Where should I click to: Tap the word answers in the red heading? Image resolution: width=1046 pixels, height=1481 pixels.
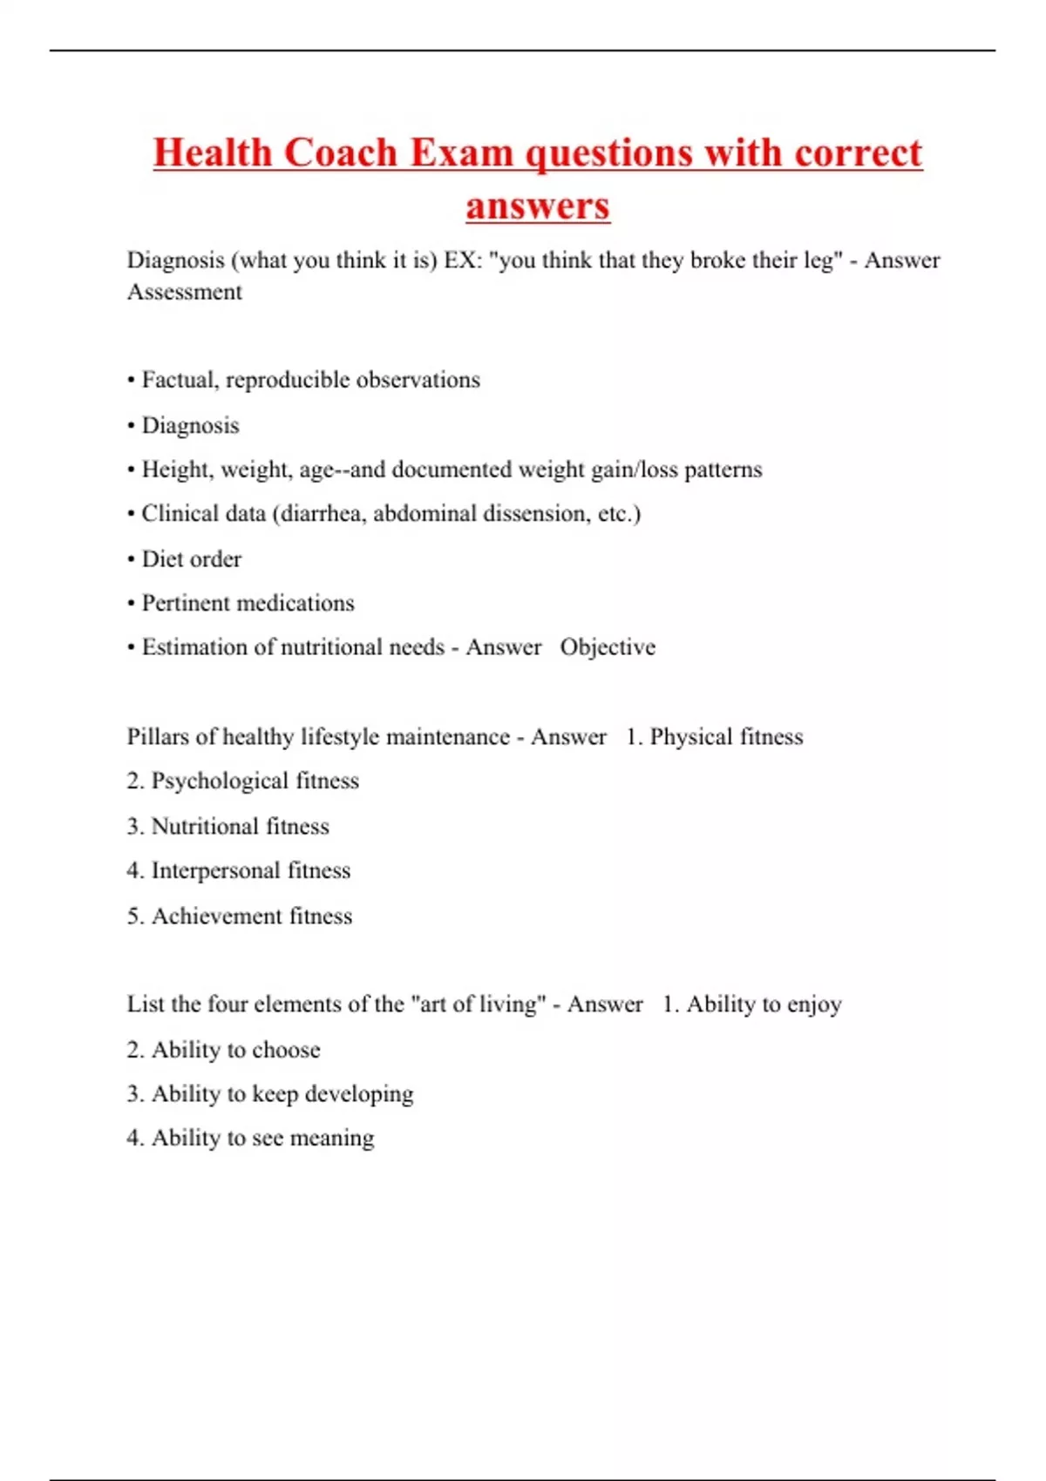538,206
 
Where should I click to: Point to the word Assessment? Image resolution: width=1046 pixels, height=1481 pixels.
185,292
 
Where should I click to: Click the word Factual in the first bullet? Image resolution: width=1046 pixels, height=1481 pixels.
180,380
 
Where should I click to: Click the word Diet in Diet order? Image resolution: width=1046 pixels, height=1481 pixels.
162,559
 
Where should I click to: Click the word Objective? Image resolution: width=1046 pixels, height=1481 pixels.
608,647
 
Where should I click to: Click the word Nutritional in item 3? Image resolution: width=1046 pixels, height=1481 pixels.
205,826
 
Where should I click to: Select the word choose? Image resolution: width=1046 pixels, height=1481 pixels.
286,1050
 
